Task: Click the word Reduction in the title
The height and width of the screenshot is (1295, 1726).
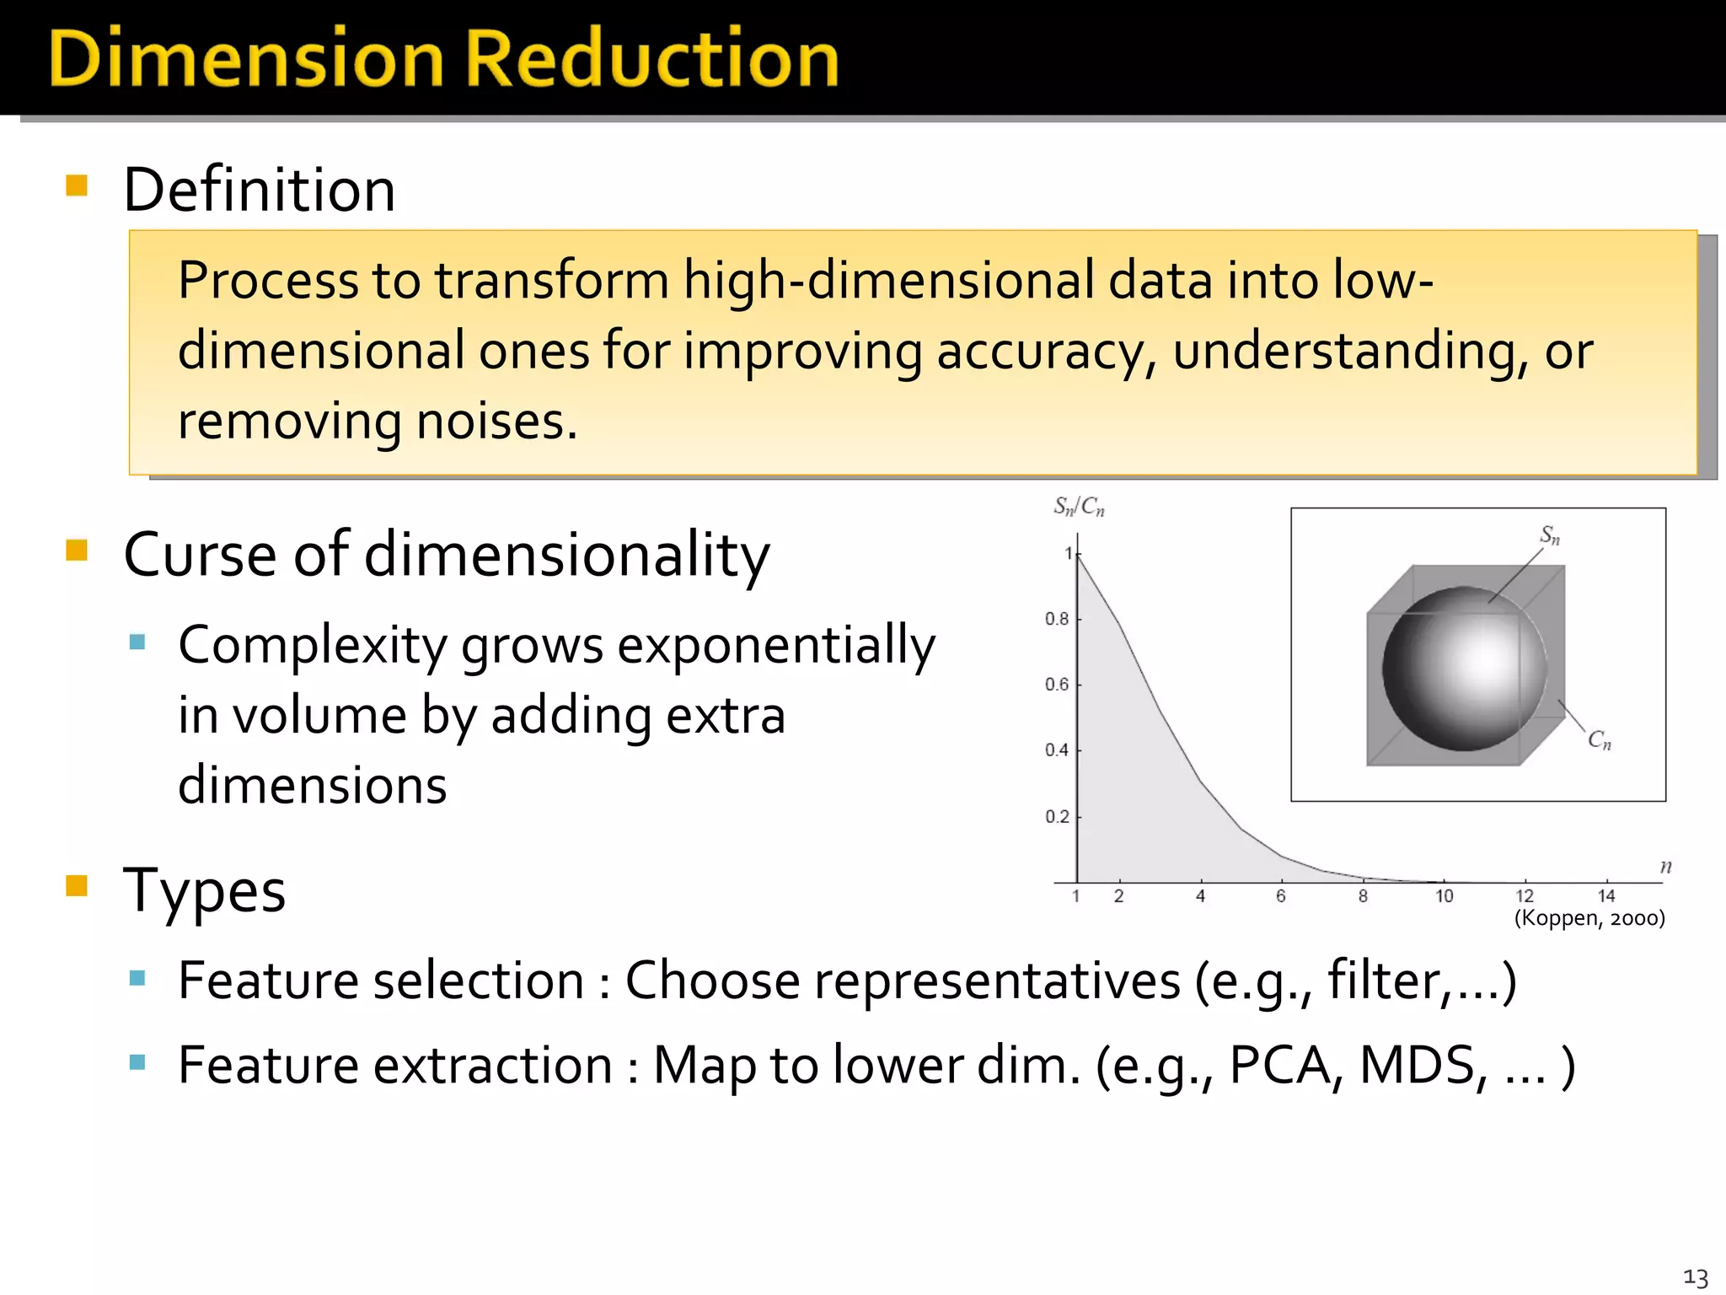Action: tap(651, 59)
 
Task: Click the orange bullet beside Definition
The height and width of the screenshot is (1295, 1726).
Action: tap(77, 185)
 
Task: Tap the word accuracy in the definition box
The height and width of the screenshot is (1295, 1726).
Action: tap(1038, 351)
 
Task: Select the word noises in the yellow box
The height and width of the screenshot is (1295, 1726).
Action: tap(489, 422)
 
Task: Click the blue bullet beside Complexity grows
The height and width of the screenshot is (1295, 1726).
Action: tap(137, 642)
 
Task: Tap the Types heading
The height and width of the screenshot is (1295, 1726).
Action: tap(204, 890)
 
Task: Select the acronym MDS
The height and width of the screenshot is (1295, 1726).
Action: tap(1418, 1066)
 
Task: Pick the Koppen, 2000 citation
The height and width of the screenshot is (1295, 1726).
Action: tap(1589, 918)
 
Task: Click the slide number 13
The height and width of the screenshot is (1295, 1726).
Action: tap(1695, 1277)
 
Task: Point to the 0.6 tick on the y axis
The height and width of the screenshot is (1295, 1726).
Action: tap(1056, 685)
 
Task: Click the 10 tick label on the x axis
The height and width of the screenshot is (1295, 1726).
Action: tap(1444, 896)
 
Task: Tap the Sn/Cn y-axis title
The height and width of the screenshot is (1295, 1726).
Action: tap(1079, 507)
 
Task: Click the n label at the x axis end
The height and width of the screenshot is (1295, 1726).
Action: tap(1665, 867)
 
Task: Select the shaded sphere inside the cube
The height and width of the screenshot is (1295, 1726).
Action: tap(1465, 669)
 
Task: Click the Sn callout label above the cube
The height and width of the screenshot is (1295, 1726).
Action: tap(1550, 535)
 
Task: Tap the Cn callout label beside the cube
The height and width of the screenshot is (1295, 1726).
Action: tap(1599, 740)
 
